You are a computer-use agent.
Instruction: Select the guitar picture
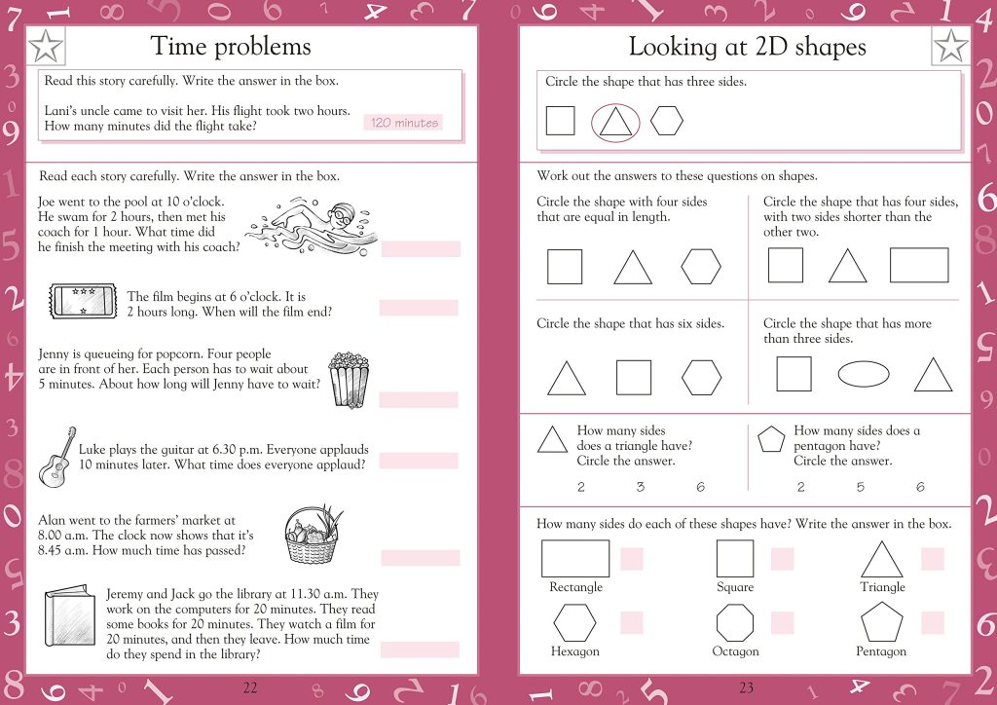(57, 457)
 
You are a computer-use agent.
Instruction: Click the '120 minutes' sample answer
(404, 123)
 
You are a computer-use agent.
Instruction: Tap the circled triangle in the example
(615, 122)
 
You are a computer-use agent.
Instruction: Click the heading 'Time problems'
(231, 46)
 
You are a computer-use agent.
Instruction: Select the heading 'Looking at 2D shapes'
(747, 46)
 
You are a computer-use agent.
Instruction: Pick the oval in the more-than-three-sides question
(863, 374)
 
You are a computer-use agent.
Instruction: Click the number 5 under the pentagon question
(861, 488)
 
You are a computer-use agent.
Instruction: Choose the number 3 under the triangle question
(640, 488)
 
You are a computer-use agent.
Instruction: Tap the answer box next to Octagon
(782, 623)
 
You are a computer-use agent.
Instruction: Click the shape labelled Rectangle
(575, 559)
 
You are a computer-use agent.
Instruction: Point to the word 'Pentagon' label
(880, 651)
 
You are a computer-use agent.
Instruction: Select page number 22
(250, 687)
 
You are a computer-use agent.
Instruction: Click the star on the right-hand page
(950, 46)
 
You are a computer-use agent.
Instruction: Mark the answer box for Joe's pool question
(420, 249)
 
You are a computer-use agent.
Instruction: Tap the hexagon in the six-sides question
(701, 378)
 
